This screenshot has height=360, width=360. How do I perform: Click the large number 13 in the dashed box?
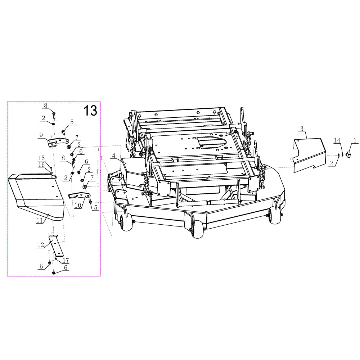[x=90, y=111]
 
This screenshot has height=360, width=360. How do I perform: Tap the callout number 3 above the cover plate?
[x=302, y=129]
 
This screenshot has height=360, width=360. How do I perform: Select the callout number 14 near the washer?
[x=337, y=140]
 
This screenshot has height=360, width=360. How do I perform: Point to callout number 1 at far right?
[x=355, y=140]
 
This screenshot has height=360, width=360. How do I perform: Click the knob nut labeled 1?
[x=348, y=155]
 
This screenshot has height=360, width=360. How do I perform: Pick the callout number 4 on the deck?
[x=114, y=156]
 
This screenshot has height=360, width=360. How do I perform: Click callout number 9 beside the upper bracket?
[x=41, y=135]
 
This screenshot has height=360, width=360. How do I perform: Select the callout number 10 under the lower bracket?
[x=78, y=205]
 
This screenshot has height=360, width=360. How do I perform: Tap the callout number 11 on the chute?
[x=40, y=220]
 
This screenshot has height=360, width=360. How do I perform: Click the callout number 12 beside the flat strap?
[x=41, y=245]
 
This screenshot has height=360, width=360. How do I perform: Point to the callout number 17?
[x=66, y=260]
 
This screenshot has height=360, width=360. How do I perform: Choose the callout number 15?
[x=41, y=158]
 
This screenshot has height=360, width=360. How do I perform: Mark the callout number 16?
[x=41, y=165]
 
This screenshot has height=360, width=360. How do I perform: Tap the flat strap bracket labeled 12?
[x=57, y=246]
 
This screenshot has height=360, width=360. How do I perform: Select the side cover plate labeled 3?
[x=310, y=155]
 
